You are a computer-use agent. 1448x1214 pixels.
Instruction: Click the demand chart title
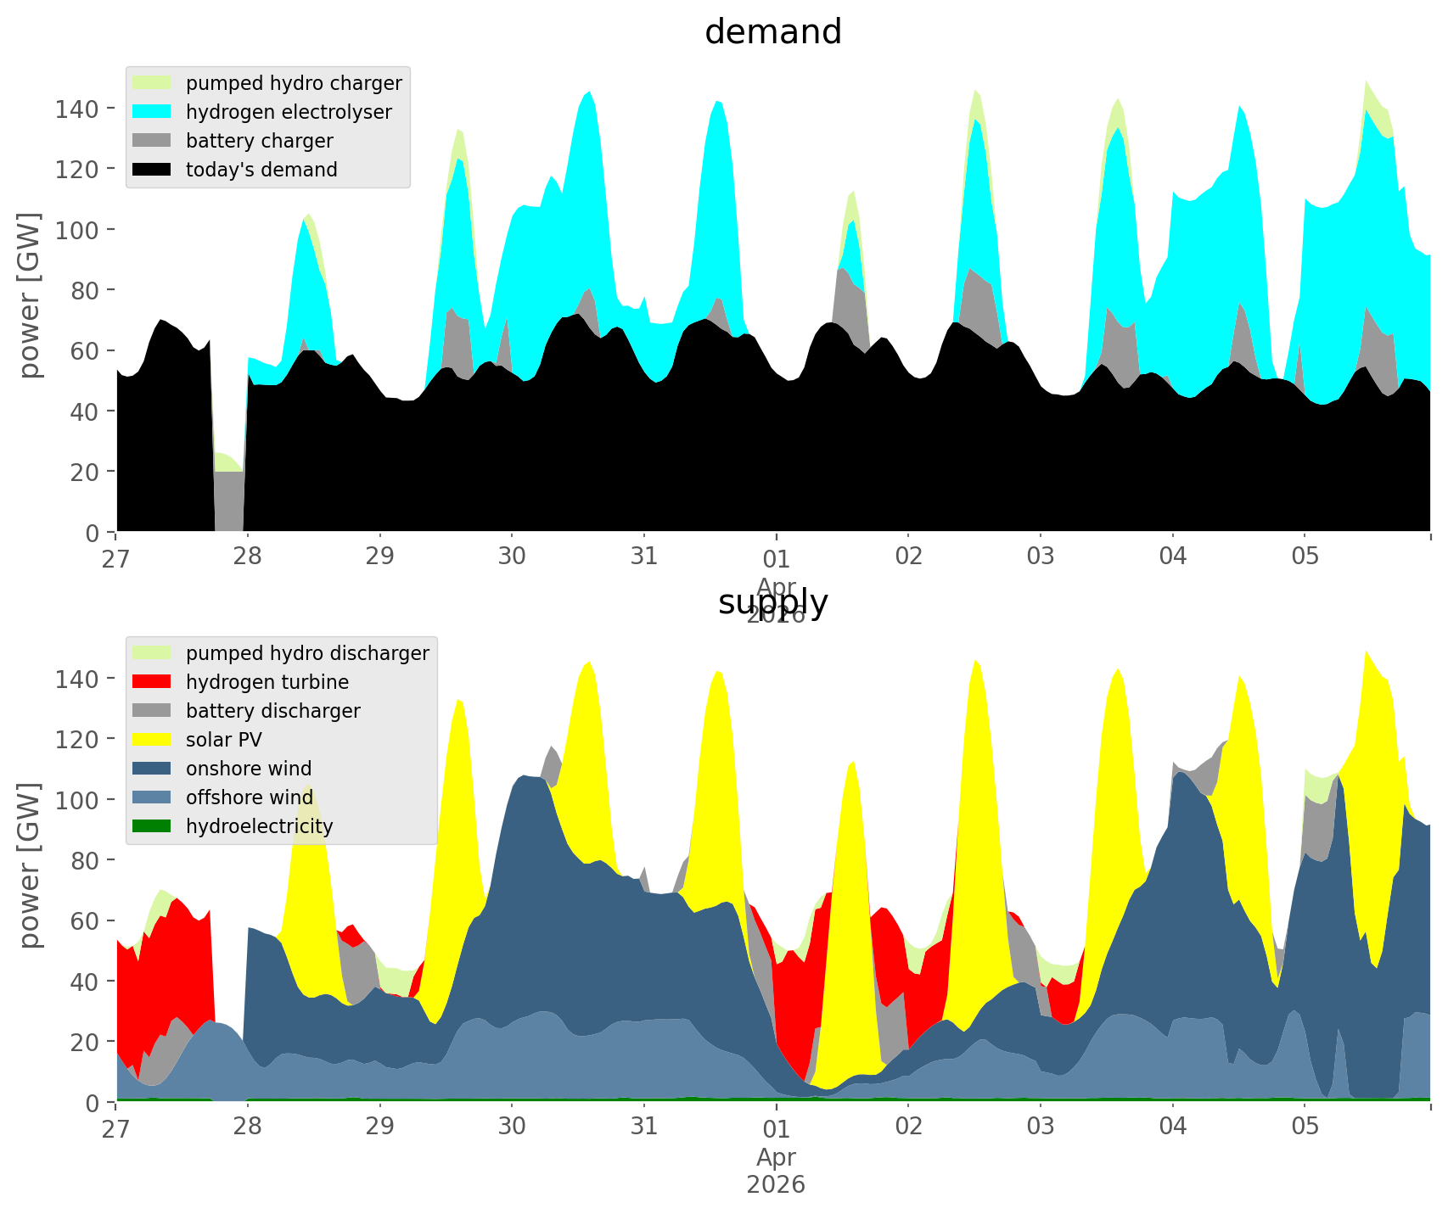tap(772, 32)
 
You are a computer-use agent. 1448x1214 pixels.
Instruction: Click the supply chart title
tap(772, 602)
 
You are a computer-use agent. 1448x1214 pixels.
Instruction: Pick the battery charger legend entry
tap(259, 141)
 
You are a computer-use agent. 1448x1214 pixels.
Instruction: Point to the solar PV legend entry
tap(223, 740)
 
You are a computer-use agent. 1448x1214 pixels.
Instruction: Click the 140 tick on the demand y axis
tap(78, 109)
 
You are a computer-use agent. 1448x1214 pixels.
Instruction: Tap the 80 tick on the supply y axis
tap(85, 860)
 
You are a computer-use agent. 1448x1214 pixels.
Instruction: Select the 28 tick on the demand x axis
tap(248, 557)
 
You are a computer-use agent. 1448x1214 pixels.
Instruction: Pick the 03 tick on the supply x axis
tap(1041, 1127)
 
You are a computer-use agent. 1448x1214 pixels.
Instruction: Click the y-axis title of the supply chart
tap(31, 865)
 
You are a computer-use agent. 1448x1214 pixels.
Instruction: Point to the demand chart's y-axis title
tap(31, 295)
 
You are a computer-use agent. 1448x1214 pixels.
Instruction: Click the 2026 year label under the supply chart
tap(776, 1184)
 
